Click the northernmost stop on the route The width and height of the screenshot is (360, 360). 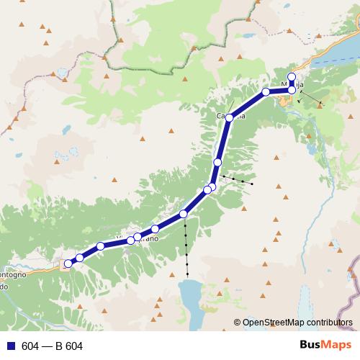292,77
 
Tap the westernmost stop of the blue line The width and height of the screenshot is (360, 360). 68,264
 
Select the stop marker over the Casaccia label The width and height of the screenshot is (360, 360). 230,117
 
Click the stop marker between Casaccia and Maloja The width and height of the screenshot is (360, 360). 266,91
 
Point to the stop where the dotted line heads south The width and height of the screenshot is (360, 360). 184,213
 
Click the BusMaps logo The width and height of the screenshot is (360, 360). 323,345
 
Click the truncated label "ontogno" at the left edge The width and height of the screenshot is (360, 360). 14,274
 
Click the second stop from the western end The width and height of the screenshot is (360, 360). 80,257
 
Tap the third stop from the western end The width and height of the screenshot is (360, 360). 101,246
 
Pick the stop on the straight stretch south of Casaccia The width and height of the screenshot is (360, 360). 217,163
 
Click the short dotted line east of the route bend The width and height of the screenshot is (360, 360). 238,179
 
